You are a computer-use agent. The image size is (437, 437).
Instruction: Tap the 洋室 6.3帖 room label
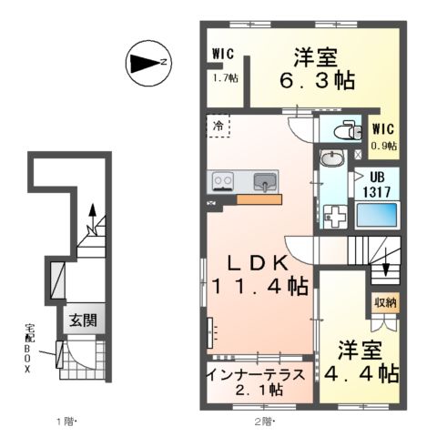pyautogui.click(x=315, y=68)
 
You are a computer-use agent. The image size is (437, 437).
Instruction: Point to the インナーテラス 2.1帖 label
pyautogui.click(x=260, y=381)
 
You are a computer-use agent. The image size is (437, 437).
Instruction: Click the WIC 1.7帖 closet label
pyautogui.click(x=224, y=65)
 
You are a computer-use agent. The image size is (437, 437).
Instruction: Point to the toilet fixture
pyautogui.click(x=347, y=130)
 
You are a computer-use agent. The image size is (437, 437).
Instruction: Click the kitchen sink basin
pyautogui.click(x=265, y=180)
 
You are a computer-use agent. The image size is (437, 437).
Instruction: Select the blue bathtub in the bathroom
pyautogui.click(x=379, y=217)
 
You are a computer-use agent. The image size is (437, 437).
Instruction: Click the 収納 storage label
pyautogui.click(x=384, y=301)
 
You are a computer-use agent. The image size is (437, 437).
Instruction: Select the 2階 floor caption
pyautogui.click(x=265, y=421)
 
